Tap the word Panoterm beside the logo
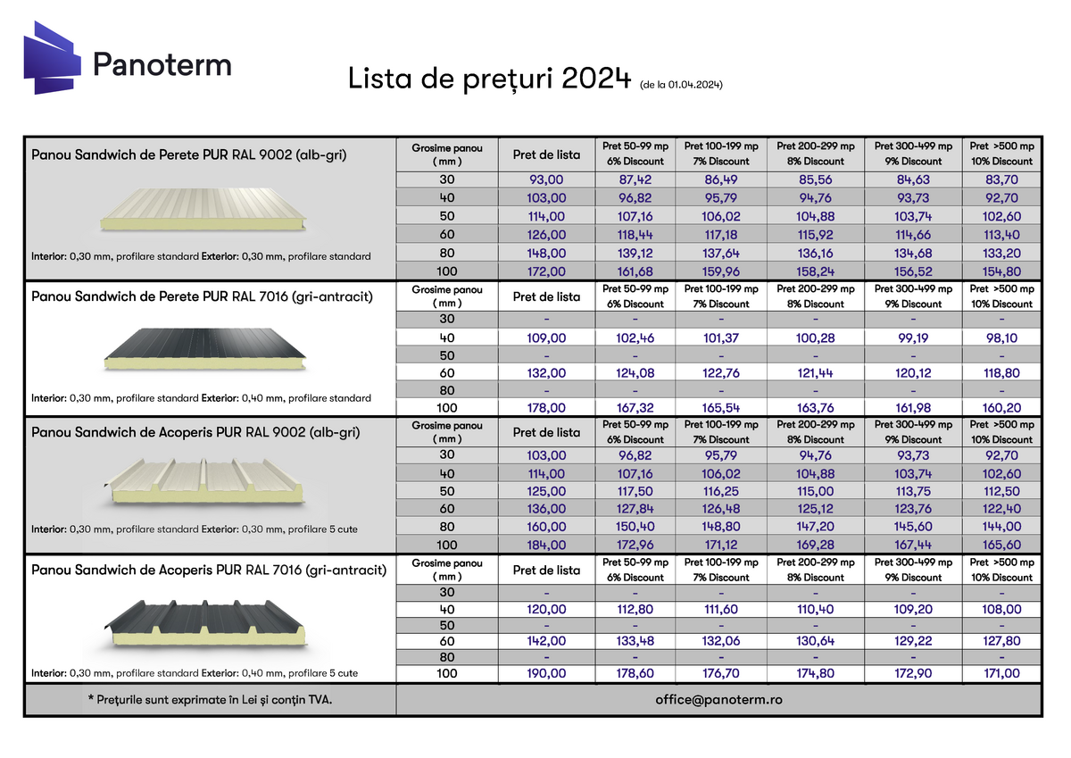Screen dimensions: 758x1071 (x=162, y=63)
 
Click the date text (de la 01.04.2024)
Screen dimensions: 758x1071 (x=681, y=85)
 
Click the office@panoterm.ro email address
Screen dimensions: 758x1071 (x=718, y=700)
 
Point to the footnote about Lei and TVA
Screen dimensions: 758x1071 (x=211, y=700)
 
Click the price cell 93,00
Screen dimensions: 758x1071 (x=547, y=179)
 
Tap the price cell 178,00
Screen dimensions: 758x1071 (x=547, y=408)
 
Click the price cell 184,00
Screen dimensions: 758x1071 (x=547, y=545)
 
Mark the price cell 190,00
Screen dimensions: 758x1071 (x=547, y=674)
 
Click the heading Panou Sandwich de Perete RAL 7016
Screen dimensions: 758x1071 (x=202, y=296)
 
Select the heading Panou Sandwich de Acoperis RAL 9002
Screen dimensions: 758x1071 (x=196, y=433)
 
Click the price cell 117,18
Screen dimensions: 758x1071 (x=722, y=235)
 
